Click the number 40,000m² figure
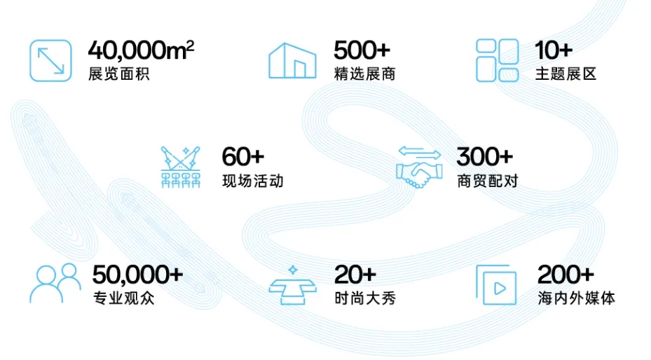coord(141,50)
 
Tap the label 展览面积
coord(118,74)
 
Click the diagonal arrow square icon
coord(50,60)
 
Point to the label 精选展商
coord(364,74)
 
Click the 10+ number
coord(554,51)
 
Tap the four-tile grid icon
coord(497,60)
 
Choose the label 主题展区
coord(566,74)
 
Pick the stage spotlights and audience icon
coord(180,167)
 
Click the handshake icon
coord(419,167)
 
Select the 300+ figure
coord(484,157)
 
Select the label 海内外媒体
coord(576,298)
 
